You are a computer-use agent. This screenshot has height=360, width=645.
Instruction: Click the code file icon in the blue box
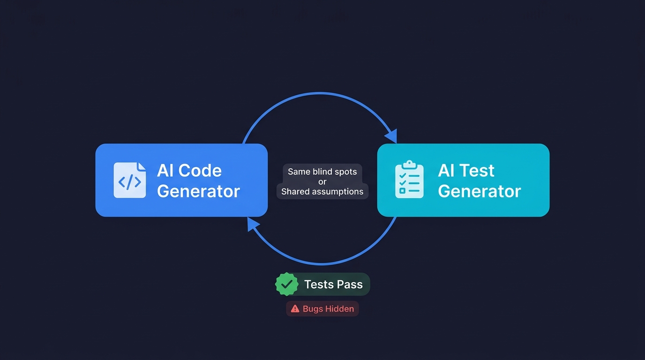pyautogui.click(x=130, y=180)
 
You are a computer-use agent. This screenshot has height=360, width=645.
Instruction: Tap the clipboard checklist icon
pyautogui.click(x=409, y=180)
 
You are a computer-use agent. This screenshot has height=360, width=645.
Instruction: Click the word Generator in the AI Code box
pyautogui.click(x=198, y=191)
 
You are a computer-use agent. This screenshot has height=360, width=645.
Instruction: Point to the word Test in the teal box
pyautogui.click(x=478, y=171)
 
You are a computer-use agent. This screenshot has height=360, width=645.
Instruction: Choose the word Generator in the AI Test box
pyautogui.click(x=479, y=191)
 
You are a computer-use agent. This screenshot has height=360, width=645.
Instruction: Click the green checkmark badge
pyautogui.click(x=286, y=284)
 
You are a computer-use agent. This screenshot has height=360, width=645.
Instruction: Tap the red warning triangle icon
pyautogui.click(x=295, y=308)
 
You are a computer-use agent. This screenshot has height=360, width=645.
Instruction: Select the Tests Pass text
pyautogui.click(x=333, y=285)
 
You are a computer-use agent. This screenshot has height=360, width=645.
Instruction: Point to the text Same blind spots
pyautogui.click(x=322, y=172)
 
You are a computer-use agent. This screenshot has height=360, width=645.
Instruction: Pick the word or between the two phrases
pyautogui.click(x=322, y=181)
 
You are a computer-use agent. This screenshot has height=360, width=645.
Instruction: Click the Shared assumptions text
pyautogui.click(x=322, y=191)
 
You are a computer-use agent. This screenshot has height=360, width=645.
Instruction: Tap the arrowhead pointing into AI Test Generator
pyautogui.click(x=391, y=136)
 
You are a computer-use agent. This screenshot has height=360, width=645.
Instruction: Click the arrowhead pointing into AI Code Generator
pyautogui.click(x=253, y=224)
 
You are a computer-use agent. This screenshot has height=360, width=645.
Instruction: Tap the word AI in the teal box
pyautogui.click(x=446, y=171)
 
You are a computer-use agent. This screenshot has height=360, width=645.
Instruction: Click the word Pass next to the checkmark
pyautogui.click(x=349, y=285)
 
